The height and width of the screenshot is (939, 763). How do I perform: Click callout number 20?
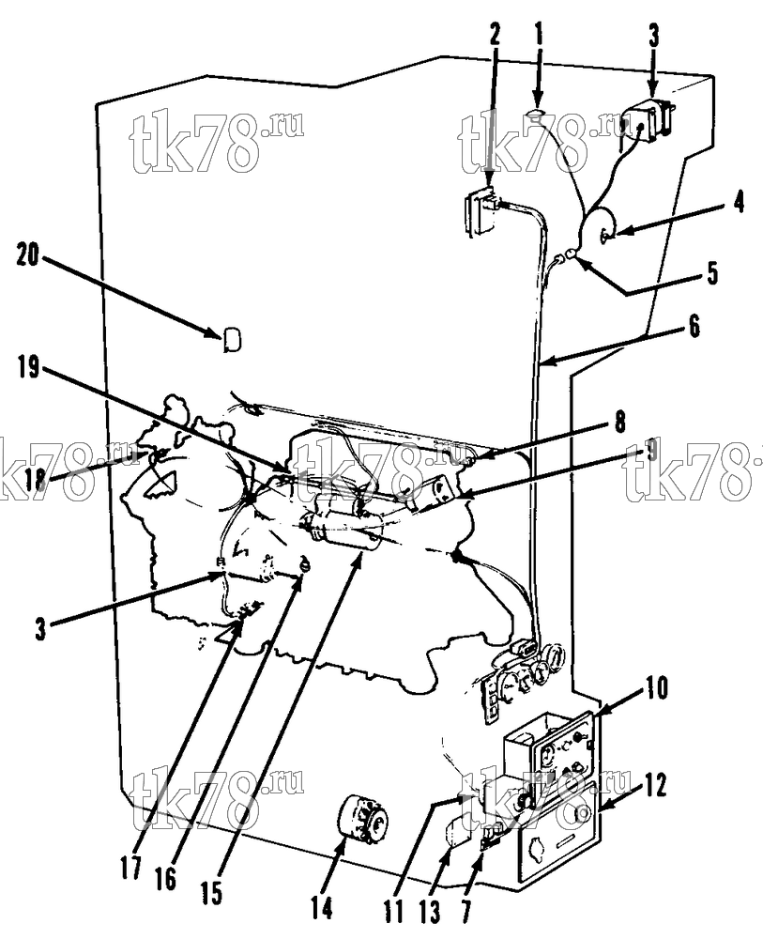(28, 259)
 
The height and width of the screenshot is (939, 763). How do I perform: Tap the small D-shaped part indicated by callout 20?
(232, 340)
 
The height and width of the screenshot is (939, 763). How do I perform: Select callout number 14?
(321, 909)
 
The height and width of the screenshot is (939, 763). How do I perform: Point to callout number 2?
(495, 36)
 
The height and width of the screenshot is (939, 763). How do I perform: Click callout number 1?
(539, 36)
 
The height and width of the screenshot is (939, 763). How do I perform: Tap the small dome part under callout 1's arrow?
(536, 114)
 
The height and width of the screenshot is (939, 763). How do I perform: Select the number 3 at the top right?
(653, 36)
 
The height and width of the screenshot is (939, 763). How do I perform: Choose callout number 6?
(694, 328)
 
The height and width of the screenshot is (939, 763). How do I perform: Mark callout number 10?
(657, 688)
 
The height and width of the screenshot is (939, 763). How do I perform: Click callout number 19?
(28, 369)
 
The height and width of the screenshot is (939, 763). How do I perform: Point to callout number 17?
(130, 867)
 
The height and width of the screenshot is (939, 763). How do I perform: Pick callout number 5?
(711, 272)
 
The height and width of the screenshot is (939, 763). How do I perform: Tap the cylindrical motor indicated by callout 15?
(344, 527)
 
